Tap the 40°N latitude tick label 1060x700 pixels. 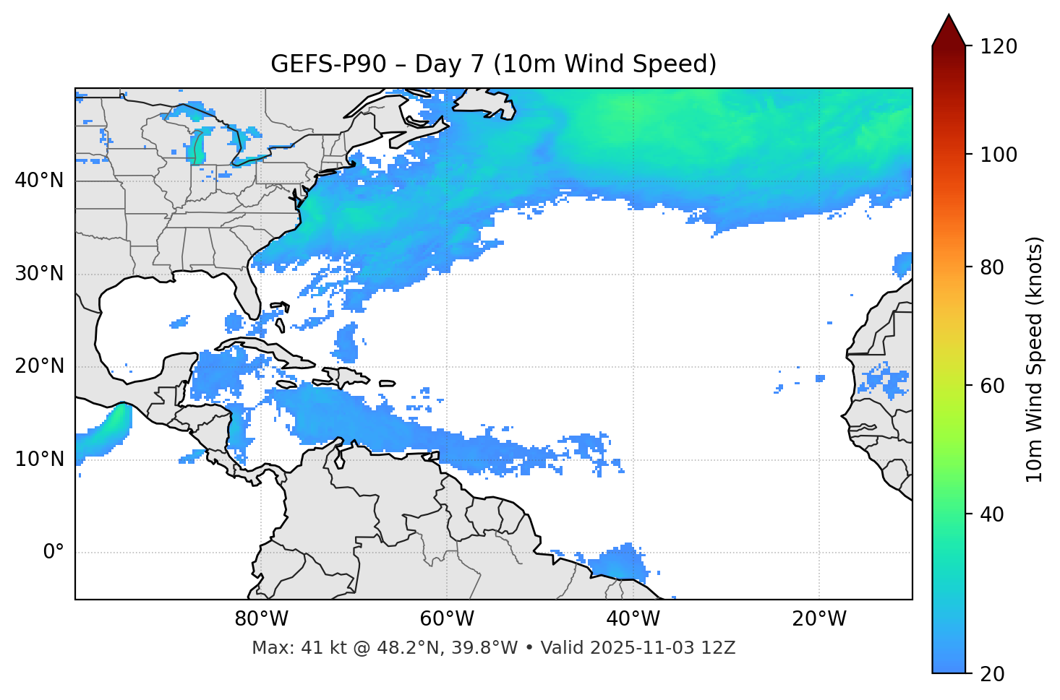click(39, 181)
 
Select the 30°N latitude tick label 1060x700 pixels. click(39, 274)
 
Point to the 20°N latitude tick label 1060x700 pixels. click(39, 366)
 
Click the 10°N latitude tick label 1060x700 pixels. click(39, 459)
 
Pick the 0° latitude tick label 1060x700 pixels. click(54, 552)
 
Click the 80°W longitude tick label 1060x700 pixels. click(261, 619)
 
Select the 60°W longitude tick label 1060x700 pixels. click(447, 619)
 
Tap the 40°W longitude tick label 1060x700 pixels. click(633, 619)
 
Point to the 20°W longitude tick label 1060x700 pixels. click(818, 619)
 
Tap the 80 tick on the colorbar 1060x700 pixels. click(992, 267)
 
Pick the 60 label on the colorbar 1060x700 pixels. click(992, 386)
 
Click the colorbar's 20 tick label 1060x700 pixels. click(992, 674)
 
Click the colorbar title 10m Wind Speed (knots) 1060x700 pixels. click(1035, 359)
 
